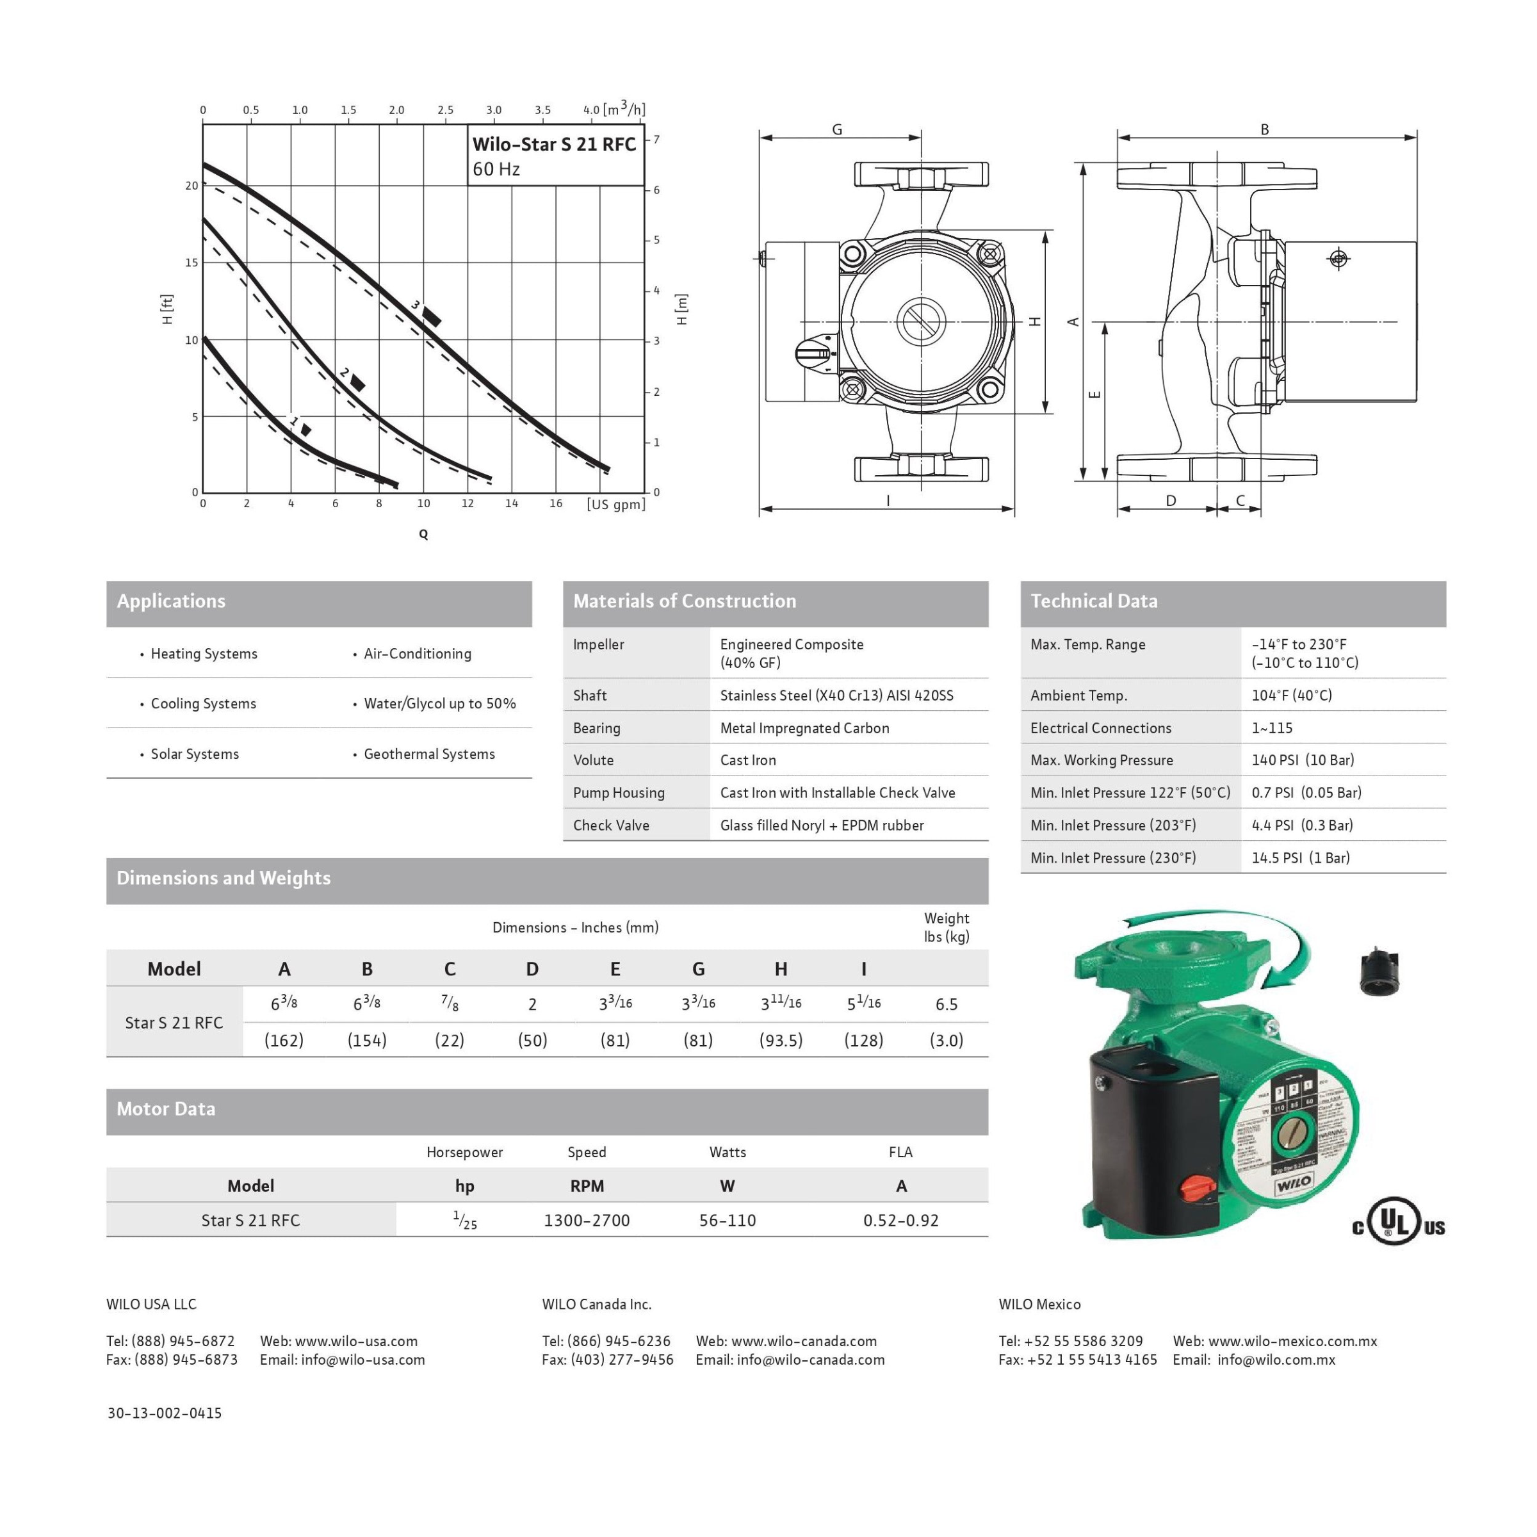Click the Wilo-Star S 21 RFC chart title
(554, 144)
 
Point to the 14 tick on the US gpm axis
(512, 503)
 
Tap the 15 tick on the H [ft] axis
(191, 263)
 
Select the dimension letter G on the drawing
(837, 129)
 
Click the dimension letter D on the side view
(1170, 501)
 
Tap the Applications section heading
(171, 601)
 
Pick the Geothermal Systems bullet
(429, 754)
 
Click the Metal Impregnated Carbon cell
(804, 728)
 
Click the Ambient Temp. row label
(1078, 695)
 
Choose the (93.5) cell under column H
(781, 1041)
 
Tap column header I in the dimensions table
(863, 969)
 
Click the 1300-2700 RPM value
(587, 1221)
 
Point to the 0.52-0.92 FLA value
(900, 1221)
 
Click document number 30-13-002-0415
(165, 1413)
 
